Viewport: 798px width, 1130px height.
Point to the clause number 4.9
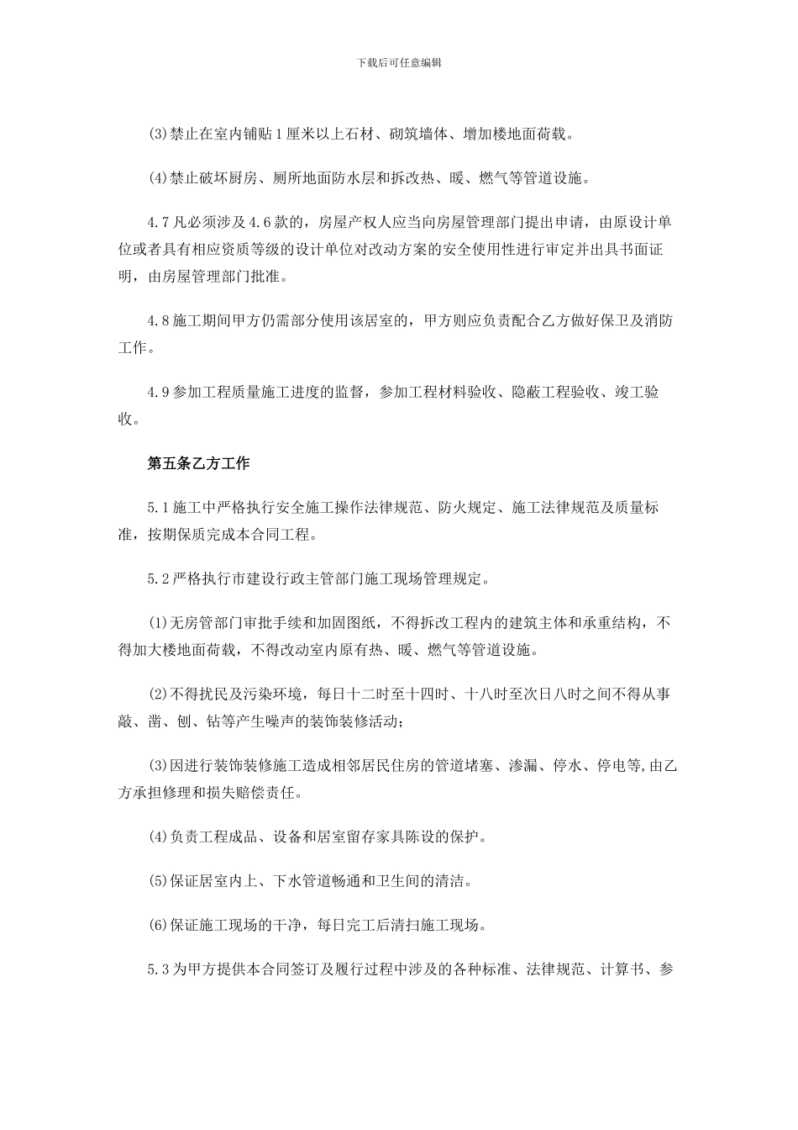[160, 392]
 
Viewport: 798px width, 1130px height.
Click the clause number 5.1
[160, 508]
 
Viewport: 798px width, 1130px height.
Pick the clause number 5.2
[160, 579]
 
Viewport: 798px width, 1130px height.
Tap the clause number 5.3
[160, 969]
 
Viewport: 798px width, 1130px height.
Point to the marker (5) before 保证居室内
[158, 881]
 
